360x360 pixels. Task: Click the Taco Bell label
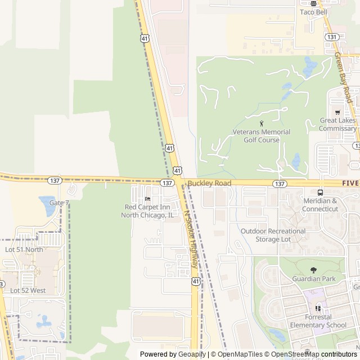coord(313,12)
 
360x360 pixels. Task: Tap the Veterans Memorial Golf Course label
coord(262,136)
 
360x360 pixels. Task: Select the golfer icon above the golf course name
coord(262,123)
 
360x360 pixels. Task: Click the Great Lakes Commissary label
coord(337,124)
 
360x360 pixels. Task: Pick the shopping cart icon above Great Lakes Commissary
coord(337,112)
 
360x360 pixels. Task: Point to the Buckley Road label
coord(209,183)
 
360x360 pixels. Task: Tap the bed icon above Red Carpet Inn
coord(148,199)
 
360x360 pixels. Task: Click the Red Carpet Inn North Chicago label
coord(148,211)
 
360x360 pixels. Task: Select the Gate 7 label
coord(59,202)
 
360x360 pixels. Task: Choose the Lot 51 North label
coord(24,249)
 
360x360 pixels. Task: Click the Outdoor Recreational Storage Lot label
coord(273,235)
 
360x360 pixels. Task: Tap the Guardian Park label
coord(314,278)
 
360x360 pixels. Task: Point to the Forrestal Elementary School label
coord(318,321)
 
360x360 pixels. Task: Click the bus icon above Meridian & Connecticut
coord(320,192)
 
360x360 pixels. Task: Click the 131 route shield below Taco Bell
coord(331,37)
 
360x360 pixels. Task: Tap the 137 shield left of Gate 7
coord(55,180)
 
